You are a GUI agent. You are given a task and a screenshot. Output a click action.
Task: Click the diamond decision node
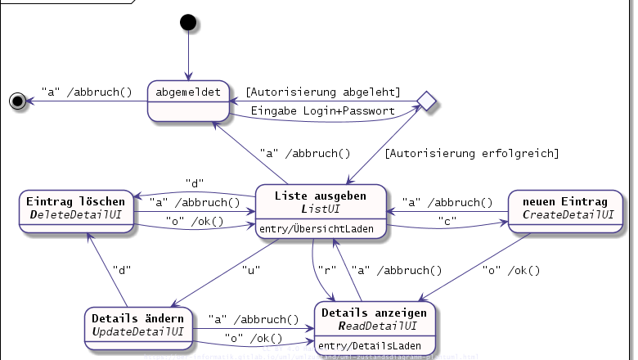tap(425, 101)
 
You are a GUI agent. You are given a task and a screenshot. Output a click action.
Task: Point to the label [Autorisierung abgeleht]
tap(323, 91)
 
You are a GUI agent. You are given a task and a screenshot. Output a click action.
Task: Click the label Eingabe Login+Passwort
tap(322, 110)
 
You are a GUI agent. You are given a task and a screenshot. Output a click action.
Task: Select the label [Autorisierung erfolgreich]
tap(472, 153)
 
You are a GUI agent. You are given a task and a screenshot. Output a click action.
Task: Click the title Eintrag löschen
tap(75, 201)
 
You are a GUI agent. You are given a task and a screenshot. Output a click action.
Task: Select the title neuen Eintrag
tap(564, 201)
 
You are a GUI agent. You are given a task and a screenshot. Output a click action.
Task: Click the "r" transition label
tap(324, 268)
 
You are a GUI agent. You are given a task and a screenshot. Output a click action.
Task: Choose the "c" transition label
tap(447, 222)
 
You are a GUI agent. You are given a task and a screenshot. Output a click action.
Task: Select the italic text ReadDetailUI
tap(377, 326)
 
